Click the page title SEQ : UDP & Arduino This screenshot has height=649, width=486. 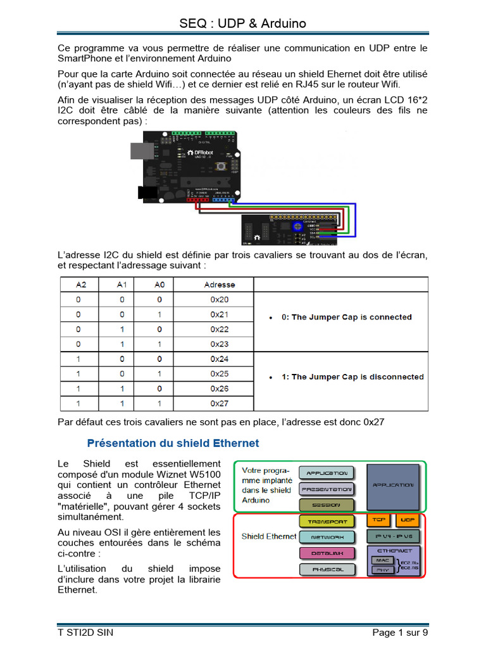pos(242,23)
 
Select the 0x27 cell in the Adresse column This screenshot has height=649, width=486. pos(219,403)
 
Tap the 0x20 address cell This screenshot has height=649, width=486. pos(219,300)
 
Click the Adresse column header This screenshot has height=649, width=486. pos(219,285)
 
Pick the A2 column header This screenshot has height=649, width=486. pos(81,285)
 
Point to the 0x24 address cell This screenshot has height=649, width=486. pos(219,359)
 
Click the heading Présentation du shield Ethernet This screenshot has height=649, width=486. pos(173,443)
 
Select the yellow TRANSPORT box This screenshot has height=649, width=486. pos(327,521)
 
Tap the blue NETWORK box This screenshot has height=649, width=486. pos(327,537)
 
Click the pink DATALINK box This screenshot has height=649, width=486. pos(327,553)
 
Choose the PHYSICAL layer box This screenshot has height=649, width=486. pos(327,569)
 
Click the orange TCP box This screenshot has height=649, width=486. pos(378,520)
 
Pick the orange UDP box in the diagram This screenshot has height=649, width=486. pos(407,520)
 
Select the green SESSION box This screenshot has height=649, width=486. pos(327,504)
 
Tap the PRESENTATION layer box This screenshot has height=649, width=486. pos(327,489)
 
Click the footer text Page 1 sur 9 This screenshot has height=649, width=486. pos(400,632)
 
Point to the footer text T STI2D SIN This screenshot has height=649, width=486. pos(85,632)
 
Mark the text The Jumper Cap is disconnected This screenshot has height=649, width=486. pos(352,376)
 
